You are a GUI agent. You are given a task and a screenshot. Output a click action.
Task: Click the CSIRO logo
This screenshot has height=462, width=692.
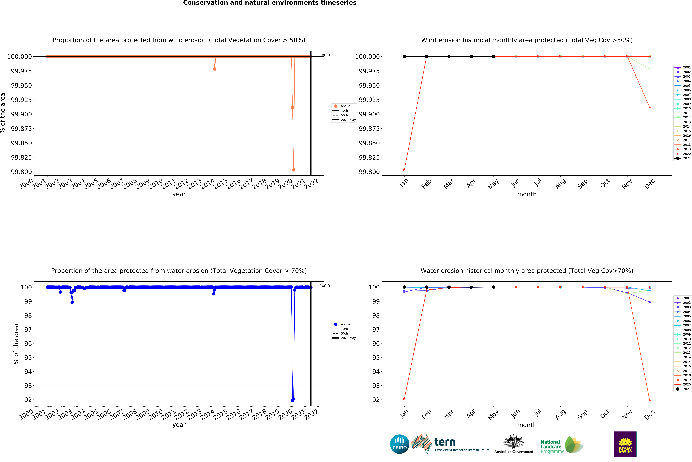[399, 444]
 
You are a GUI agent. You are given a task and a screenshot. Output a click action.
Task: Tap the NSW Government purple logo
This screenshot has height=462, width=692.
[625, 444]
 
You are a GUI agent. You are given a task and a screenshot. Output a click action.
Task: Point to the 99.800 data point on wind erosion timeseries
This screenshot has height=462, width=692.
[293, 170]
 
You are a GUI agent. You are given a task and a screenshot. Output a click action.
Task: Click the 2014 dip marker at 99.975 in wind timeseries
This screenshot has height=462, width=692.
[215, 69]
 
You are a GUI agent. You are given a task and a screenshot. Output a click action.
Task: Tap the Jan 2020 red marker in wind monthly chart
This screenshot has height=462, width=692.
[404, 170]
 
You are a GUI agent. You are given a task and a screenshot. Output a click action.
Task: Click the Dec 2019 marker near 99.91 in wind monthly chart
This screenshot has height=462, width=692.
[650, 108]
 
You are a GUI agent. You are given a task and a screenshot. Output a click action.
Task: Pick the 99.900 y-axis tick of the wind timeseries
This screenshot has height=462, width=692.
[21, 114]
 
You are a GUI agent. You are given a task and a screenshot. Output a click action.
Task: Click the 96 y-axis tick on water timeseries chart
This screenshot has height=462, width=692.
[28, 344]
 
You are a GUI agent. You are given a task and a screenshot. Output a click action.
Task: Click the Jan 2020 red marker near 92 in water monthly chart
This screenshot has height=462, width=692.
[404, 399]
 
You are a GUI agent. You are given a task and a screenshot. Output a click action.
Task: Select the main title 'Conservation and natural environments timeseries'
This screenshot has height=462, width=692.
[270, 3]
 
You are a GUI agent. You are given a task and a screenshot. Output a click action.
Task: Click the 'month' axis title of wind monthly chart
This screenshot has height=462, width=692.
[527, 194]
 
